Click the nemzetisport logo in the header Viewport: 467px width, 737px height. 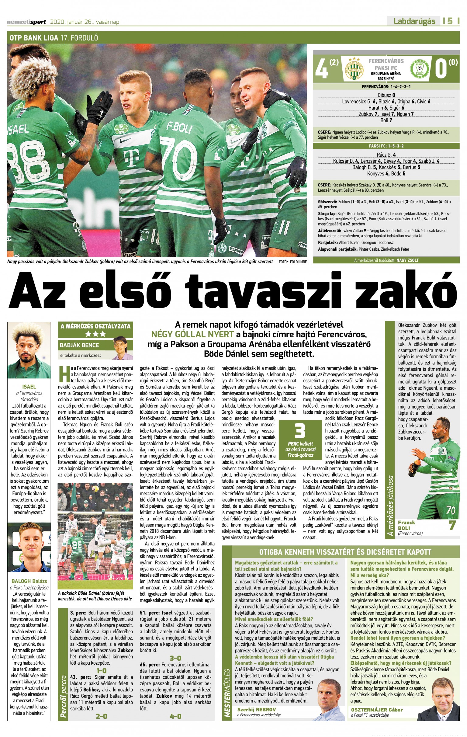coord(26,22)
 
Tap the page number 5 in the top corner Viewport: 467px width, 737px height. coord(450,21)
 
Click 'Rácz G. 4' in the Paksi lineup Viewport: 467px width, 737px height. coord(386,155)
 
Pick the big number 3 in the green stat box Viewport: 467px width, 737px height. coord(299,431)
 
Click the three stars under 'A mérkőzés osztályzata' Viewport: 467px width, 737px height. coord(95,334)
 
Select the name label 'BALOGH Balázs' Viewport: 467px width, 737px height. coord(29,581)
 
